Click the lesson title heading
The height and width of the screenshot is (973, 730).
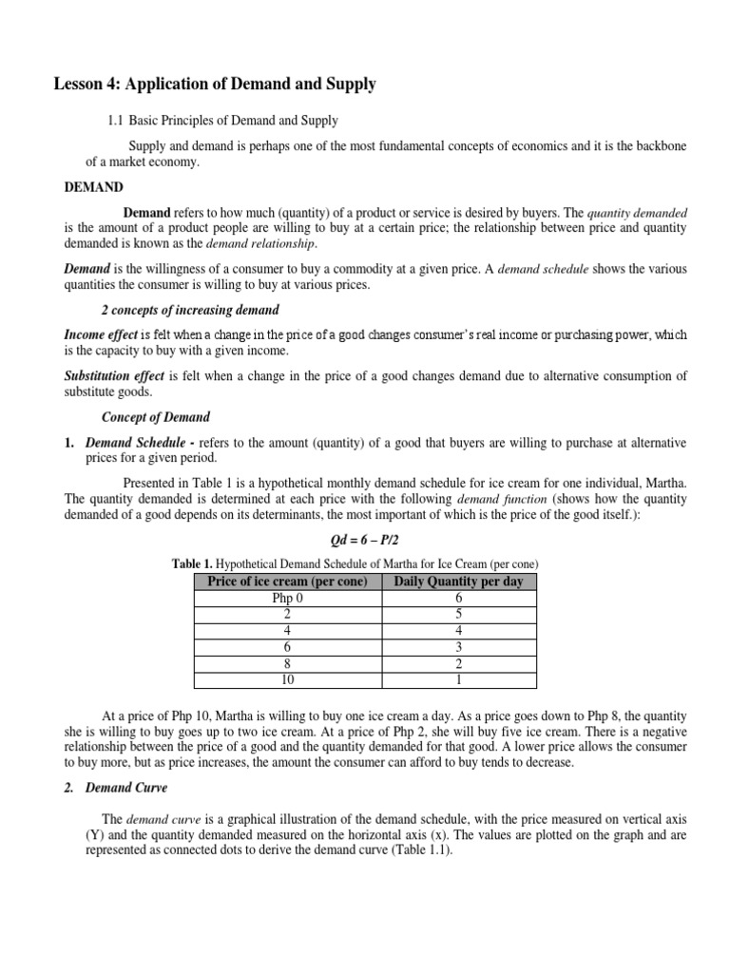214,85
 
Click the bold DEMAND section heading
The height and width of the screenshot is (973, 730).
93,187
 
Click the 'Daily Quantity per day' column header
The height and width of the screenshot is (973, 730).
458,581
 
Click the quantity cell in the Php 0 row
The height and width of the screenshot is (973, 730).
458,599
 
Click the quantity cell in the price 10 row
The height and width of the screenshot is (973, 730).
458,679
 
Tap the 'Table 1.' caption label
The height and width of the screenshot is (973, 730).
193,563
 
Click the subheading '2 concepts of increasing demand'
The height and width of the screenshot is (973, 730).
189,311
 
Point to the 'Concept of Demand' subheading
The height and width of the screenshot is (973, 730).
156,417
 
